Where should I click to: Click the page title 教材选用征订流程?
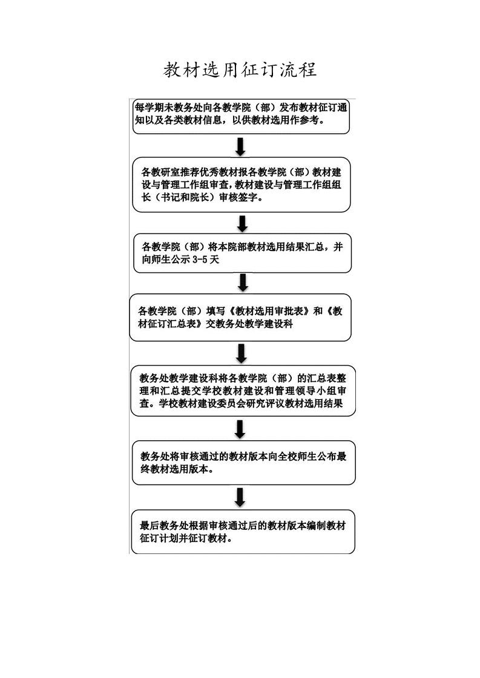[x=240, y=70]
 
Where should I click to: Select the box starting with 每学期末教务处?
[x=242, y=117]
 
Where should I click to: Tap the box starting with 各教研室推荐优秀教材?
[x=242, y=184]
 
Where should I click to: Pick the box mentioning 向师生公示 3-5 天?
[x=242, y=253]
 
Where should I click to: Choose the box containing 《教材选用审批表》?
[x=240, y=318]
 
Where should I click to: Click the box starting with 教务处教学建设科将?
[x=243, y=391]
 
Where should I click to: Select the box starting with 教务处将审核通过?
[x=243, y=463]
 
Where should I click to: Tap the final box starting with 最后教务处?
[x=243, y=532]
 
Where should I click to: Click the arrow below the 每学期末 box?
[x=240, y=146]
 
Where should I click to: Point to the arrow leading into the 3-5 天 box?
[x=243, y=224]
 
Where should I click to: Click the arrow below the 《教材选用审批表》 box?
[x=242, y=353]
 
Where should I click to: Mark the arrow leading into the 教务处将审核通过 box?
[x=240, y=429]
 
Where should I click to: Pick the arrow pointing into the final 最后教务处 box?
[x=240, y=497]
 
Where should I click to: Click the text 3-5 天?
[x=206, y=260]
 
